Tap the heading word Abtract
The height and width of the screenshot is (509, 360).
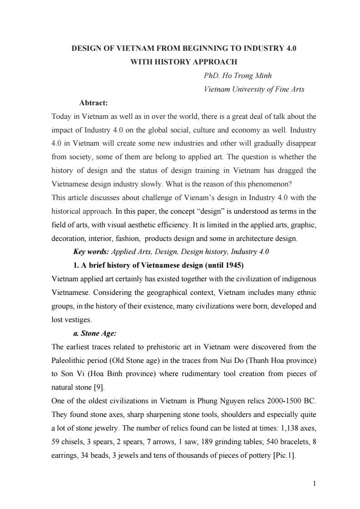(93, 103)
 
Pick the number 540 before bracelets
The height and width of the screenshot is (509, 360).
(270, 442)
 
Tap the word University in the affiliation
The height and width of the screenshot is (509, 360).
(244, 89)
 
